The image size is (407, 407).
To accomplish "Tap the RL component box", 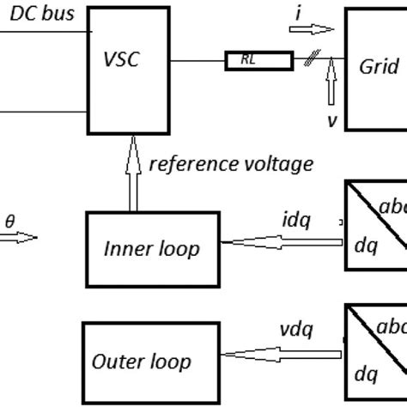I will pyautogui.click(x=246, y=61).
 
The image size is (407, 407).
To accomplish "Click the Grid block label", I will pyautogui.click(x=379, y=65).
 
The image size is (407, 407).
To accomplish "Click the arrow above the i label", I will pyautogui.click(x=302, y=30).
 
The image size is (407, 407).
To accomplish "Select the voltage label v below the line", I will pyautogui.click(x=331, y=120).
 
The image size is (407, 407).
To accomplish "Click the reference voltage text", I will pyautogui.click(x=231, y=163).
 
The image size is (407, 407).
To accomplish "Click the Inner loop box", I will pyautogui.click(x=151, y=249).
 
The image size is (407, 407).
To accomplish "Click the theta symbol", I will pyautogui.click(x=10, y=221).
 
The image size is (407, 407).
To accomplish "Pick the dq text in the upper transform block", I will pyautogui.click(x=367, y=246).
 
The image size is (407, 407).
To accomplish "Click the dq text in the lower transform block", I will pyautogui.click(x=367, y=374).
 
